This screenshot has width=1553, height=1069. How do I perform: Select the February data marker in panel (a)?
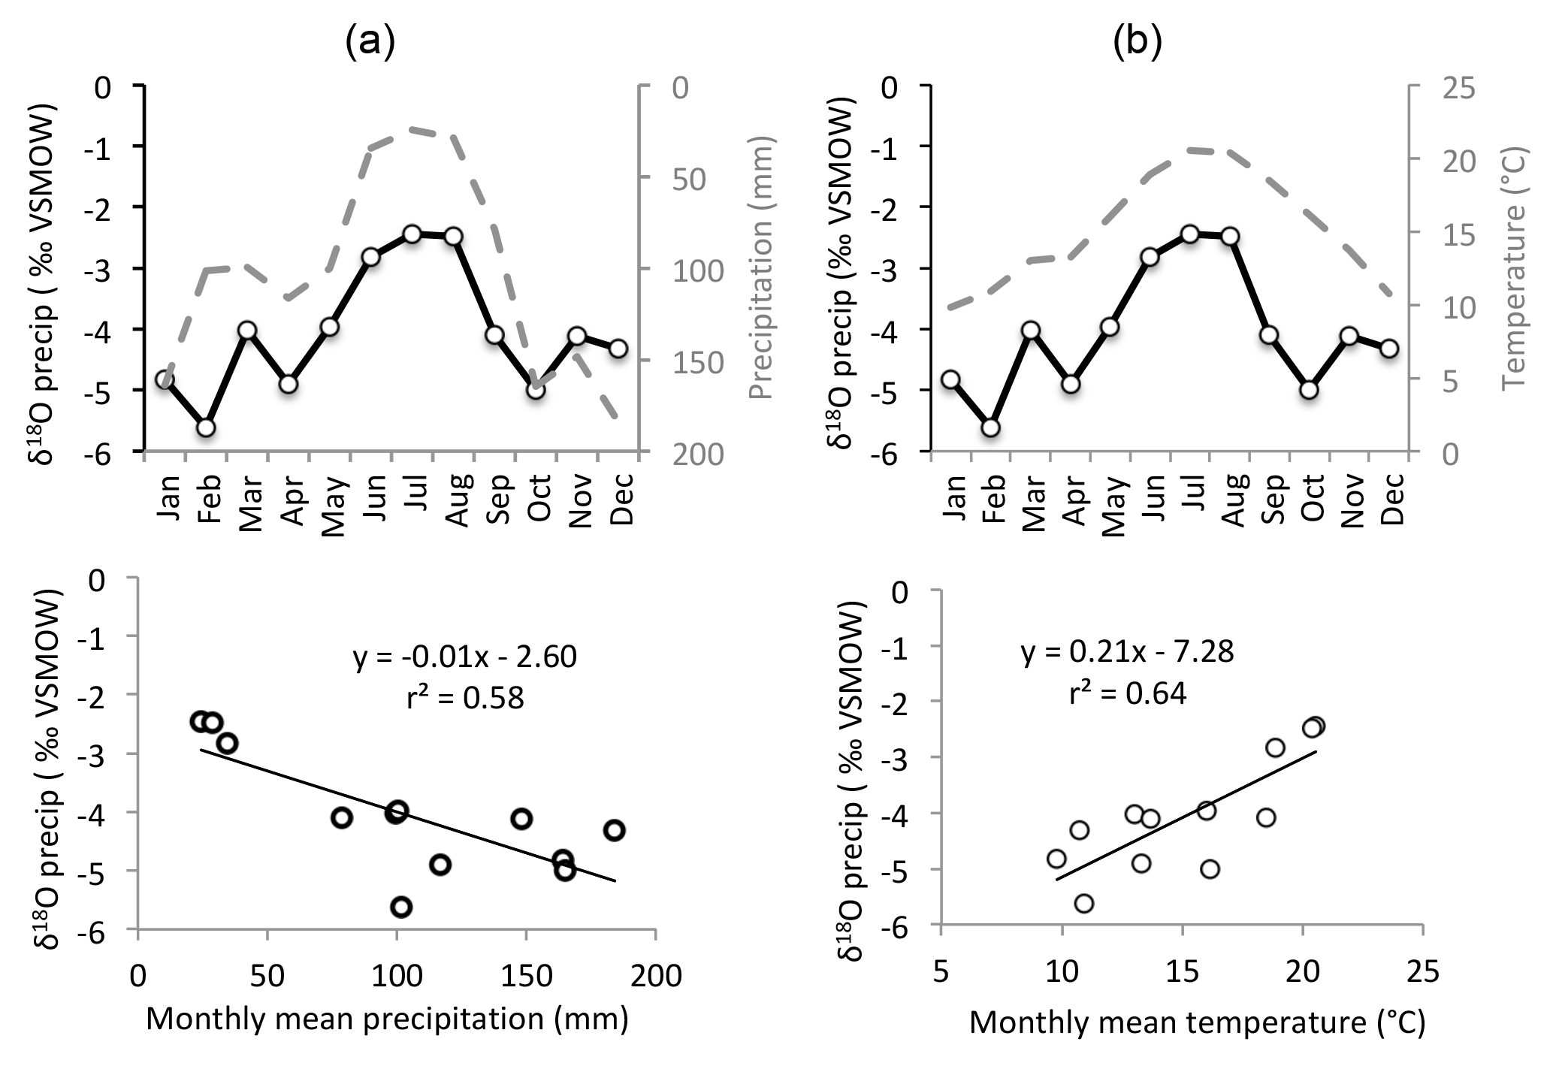click(206, 427)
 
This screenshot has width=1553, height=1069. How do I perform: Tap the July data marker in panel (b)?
click(1189, 234)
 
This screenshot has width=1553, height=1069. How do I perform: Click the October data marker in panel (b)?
click(1310, 390)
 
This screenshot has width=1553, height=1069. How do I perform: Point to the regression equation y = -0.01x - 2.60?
click(465, 657)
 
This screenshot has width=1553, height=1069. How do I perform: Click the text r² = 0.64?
click(1127, 693)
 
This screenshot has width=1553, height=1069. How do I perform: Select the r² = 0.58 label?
click(465, 699)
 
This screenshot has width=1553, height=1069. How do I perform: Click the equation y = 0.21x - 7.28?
click(1127, 652)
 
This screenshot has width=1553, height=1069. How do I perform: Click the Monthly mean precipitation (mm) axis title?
click(386, 1019)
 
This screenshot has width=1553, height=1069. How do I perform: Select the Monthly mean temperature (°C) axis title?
click(1197, 1023)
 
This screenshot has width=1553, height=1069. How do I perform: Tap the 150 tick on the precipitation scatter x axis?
click(525, 976)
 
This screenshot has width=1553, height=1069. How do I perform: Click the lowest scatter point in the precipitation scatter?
click(401, 907)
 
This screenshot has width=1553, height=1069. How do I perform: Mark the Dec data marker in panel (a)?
click(618, 349)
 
